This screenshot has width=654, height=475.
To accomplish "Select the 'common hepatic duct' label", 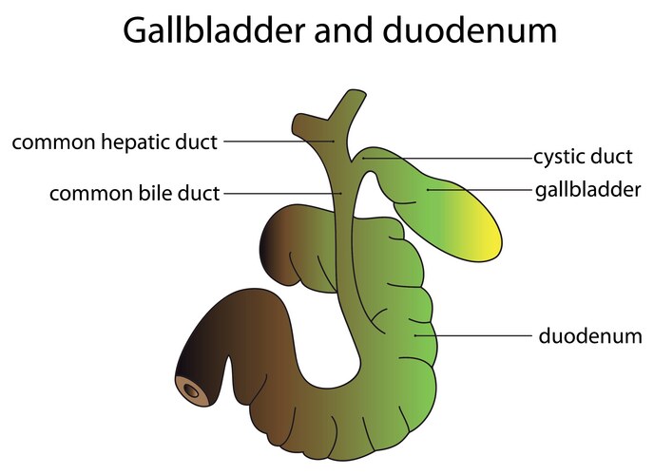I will click(114, 142).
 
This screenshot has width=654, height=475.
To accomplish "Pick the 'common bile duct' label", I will click(134, 194).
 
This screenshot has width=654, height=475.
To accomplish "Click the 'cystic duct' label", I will click(583, 157).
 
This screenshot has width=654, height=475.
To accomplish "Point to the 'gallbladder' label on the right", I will click(588, 190).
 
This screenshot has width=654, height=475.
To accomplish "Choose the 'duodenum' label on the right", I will click(590, 335).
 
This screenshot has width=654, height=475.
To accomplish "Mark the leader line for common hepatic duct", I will click(276, 142).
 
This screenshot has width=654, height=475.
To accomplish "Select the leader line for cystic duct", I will click(447, 158).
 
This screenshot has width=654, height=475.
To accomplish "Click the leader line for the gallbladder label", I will click(480, 190).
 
